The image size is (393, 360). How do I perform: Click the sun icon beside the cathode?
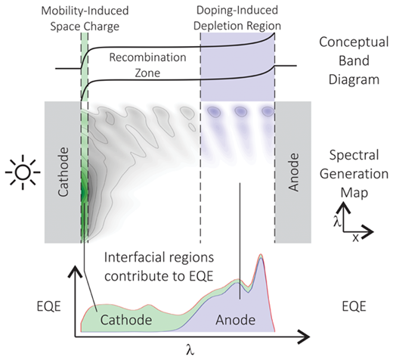[23, 172]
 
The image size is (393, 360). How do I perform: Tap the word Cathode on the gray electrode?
[63, 172]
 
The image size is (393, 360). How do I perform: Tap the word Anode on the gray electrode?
[293, 172]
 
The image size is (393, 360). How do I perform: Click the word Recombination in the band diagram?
[147, 57]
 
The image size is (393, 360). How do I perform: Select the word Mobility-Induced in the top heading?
[85, 11]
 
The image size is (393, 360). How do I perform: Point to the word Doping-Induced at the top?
[237, 11]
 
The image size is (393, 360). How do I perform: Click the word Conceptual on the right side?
[354, 42]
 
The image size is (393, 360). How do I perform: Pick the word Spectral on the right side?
[354, 155]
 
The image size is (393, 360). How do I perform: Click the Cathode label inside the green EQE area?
[126, 320]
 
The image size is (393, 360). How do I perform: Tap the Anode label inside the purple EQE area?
[236, 320]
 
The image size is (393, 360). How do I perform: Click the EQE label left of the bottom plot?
[49, 306]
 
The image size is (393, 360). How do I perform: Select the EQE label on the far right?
[354, 306]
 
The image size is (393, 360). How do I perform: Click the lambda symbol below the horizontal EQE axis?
[190, 349]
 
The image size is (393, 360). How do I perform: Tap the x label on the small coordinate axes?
[355, 237]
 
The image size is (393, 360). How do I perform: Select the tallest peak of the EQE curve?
[261, 255]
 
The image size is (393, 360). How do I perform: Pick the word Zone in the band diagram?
[147, 73]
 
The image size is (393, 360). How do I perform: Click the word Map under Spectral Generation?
[354, 193]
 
